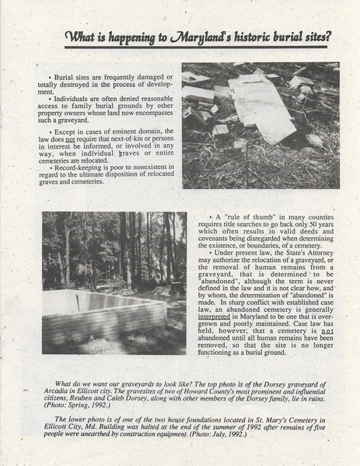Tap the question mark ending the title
[x=330, y=36]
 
